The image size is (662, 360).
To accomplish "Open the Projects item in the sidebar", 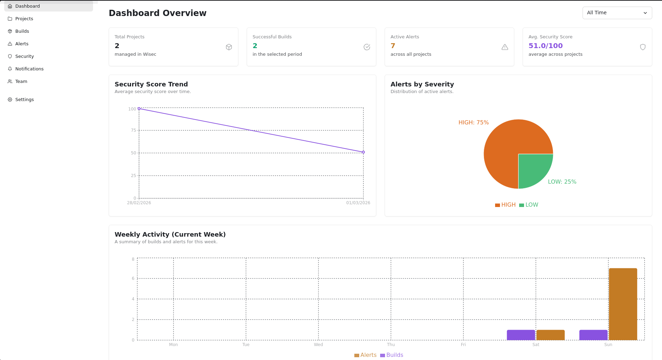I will pyautogui.click(x=24, y=19).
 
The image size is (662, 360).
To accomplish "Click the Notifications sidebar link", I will pyautogui.click(x=29, y=69).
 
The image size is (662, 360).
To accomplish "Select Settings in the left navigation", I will pyautogui.click(x=24, y=100).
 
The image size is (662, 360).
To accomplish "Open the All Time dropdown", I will pyautogui.click(x=617, y=13).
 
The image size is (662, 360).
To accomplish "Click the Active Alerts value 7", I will pyautogui.click(x=393, y=46).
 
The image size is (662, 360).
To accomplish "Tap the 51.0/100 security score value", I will pyautogui.click(x=545, y=46).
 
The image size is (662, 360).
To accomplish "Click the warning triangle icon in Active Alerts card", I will pyautogui.click(x=505, y=47).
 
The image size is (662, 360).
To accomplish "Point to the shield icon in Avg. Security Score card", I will pyautogui.click(x=642, y=47).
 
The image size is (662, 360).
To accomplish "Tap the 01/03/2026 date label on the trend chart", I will pyautogui.click(x=358, y=203).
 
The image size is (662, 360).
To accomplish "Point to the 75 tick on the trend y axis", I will pyautogui.click(x=133, y=130).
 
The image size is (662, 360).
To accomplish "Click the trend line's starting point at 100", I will pyautogui.click(x=139, y=109).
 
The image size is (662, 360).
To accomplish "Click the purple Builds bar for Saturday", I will pyautogui.click(x=521, y=335).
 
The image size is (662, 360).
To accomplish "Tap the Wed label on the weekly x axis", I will pyautogui.click(x=318, y=345).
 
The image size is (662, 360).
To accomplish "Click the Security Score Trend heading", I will pyautogui.click(x=151, y=84).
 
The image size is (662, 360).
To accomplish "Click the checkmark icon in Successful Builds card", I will pyautogui.click(x=367, y=47).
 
